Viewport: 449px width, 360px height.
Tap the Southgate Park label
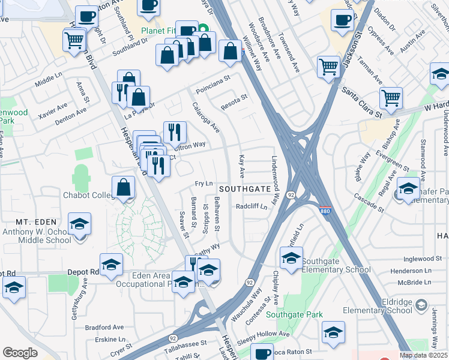(295, 314)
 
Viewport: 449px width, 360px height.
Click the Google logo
(20, 353)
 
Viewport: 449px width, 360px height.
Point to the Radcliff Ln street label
(252, 206)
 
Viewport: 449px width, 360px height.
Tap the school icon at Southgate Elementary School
(291, 259)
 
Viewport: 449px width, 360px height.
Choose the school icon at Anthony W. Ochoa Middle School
(79, 224)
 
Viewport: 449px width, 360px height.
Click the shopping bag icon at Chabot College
(123, 187)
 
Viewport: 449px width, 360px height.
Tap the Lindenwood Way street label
(276, 181)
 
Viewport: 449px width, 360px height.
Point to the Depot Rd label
(86, 272)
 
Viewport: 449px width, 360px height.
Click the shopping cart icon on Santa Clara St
(391, 97)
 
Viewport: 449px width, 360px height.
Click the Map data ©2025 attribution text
(424, 355)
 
